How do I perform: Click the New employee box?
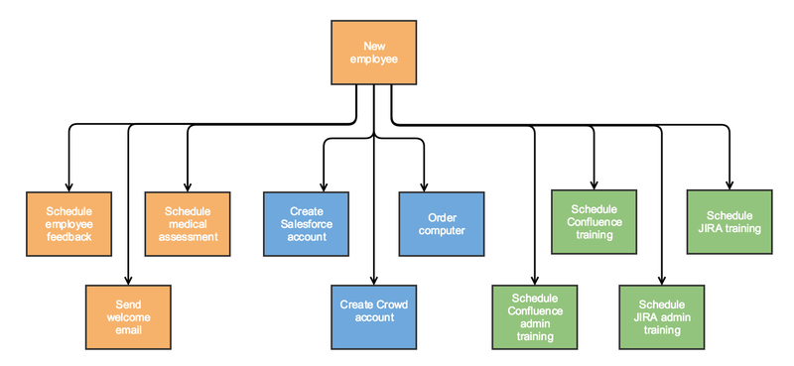point(373,53)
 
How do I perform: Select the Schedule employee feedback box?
point(68,223)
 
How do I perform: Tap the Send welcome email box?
point(128,317)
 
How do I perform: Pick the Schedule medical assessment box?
point(188,223)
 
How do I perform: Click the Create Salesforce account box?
point(307,223)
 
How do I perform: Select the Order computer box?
point(441,223)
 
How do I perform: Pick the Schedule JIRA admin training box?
point(661,317)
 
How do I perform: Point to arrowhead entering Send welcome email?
point(128,281)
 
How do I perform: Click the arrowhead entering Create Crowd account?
point(373,281)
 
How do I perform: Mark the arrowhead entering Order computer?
point(425,186)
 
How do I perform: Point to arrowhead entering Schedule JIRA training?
point(728,186)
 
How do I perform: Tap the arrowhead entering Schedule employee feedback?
point(68,186)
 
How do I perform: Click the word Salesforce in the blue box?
point(307,224)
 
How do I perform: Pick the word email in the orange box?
point(128,330)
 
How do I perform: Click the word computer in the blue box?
point(441,230)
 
